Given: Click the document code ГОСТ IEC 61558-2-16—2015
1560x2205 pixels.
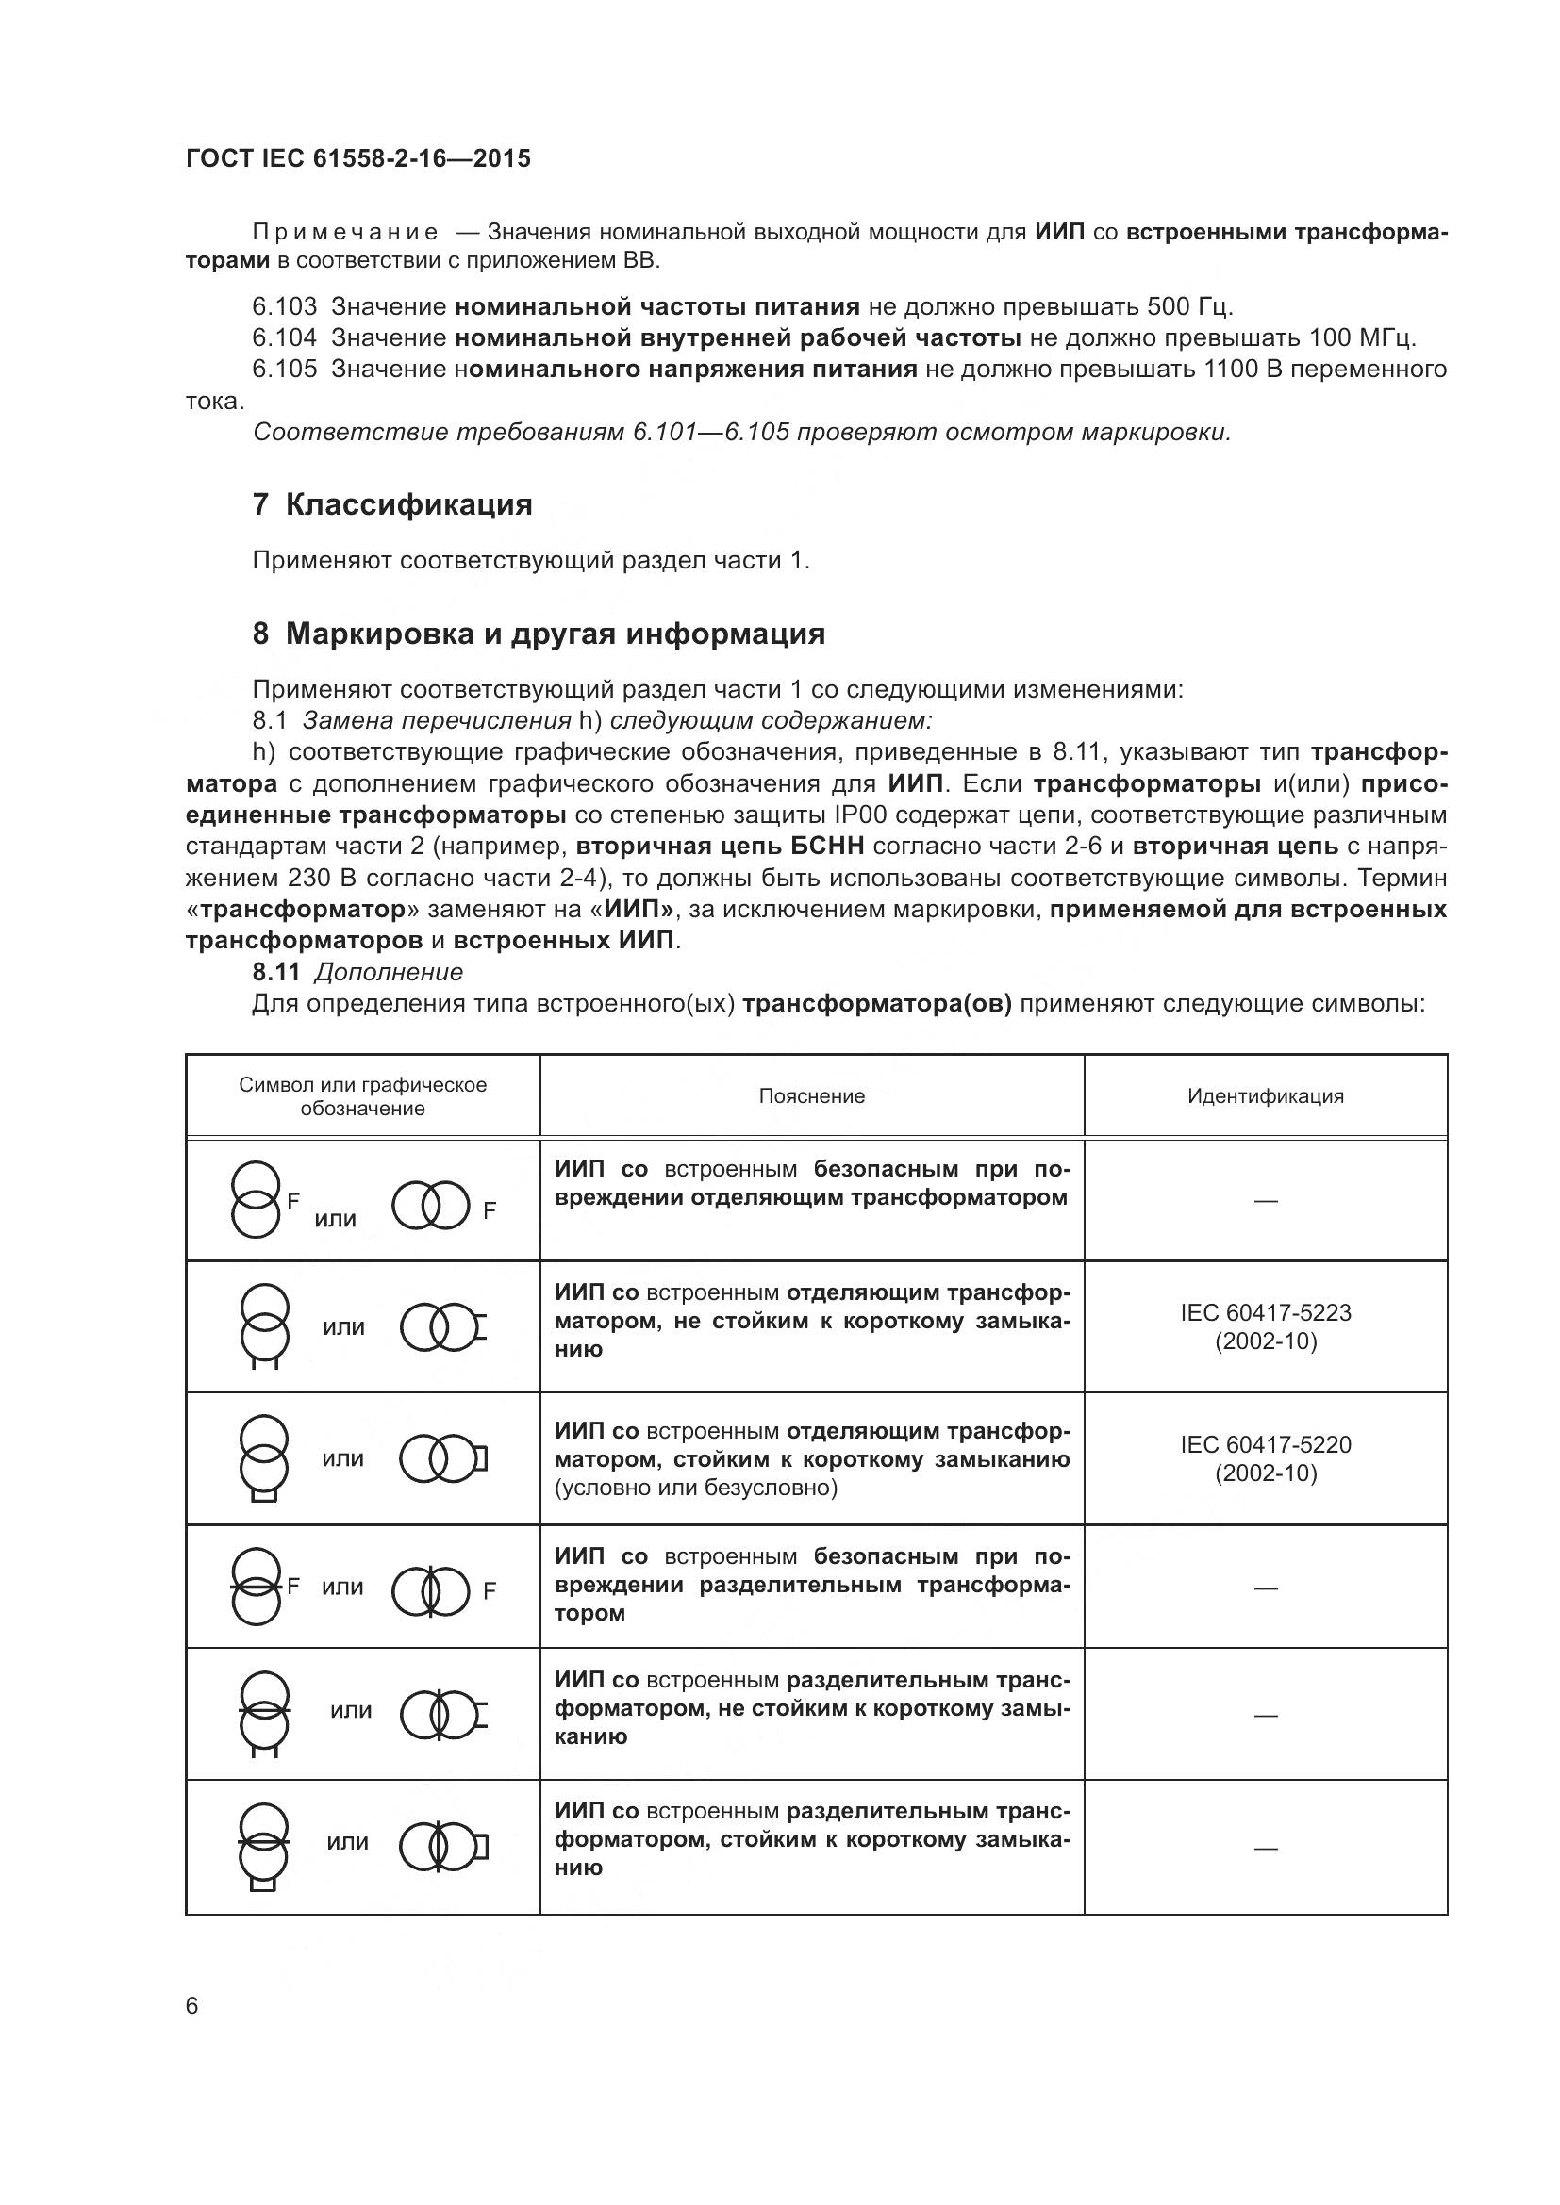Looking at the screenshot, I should click(x=357, y=158).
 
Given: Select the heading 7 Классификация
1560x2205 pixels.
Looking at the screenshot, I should click(x=392, y=504).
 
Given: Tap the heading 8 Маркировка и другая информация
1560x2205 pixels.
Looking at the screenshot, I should click(x=539, y=634).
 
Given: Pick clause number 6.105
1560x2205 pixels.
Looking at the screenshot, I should click(x=284, y=369).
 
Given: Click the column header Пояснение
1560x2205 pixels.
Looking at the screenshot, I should click(x=812, y=1095).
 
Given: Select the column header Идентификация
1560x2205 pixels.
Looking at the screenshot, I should click(x=1265, y=1095).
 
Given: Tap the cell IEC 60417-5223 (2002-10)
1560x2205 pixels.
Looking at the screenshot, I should click(x=1265, y=1326).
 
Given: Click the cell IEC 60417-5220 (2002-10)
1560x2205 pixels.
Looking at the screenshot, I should click(x=1265, y=1457).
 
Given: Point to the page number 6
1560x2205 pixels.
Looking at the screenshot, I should click(x=192, y=2006).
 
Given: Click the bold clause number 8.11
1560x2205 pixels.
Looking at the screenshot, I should click(x=276, y=972).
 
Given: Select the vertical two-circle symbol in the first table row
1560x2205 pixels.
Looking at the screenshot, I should click(x=256, y=1199).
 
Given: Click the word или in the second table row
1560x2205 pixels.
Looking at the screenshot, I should click(x=344, y=1327).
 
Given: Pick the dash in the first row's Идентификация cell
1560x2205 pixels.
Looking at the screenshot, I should click(x=1265, y=1200).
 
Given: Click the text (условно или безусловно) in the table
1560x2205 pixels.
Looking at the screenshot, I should click(x=696, y=1488).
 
